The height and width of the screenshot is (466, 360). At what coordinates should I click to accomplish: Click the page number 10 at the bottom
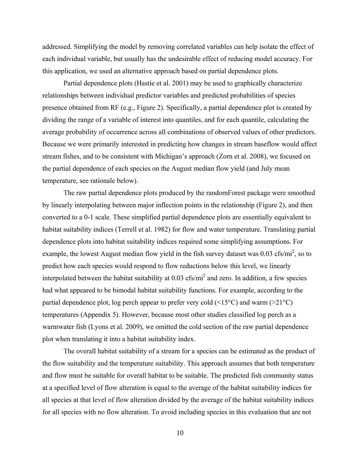tap(180, 433)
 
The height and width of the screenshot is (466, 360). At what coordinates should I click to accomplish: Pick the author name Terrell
tap(127, 229)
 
